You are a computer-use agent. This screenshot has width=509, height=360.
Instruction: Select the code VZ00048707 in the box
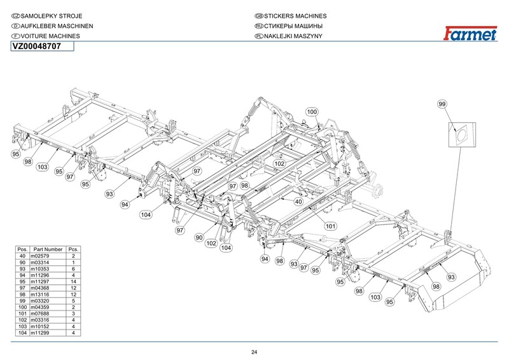[x=36, y=46]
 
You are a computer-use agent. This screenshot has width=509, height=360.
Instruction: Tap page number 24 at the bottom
[x=254, y=352]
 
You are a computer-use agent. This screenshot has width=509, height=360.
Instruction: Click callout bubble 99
[x=443, y=104]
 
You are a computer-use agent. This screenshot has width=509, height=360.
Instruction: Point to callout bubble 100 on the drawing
[x=312, y=112]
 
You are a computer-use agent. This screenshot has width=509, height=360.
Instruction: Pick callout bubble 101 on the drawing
[x=330, y=226]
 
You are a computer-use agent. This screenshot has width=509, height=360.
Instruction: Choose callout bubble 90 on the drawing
[x=199, y=237]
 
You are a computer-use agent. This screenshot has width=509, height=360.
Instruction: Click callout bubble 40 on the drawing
[x=298, y=202]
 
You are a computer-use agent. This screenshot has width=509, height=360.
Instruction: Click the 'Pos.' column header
[x=22, y=249]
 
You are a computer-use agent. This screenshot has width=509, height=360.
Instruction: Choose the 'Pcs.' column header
[x=74, y=249]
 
